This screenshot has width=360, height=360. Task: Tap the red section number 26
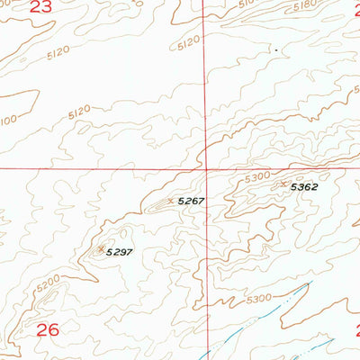[48, 330]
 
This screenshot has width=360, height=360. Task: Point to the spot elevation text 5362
[304, 186]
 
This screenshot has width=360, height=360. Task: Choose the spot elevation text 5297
[119, 252]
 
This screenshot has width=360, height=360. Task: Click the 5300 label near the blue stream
[259, 298]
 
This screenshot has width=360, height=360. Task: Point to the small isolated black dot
[275, 51]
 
